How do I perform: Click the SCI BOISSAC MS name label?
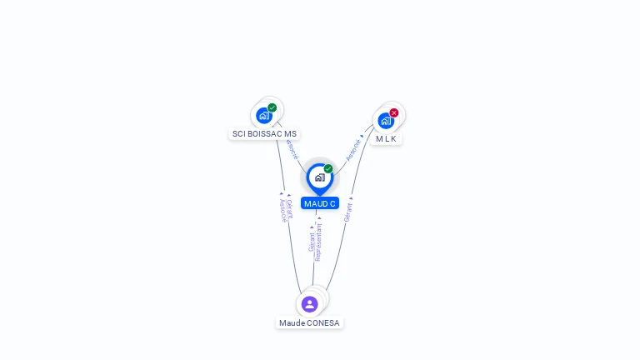coord(264,134)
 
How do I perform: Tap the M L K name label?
coord(386,139)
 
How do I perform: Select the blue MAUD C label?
coord(320,203)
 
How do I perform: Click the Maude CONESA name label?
coord(309,323)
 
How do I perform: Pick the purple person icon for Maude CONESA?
coord(310,304)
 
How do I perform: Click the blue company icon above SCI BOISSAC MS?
coord(264,116)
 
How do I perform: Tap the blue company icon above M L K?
coord(386,121)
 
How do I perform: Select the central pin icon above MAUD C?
coord(319,177)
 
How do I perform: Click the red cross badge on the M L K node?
coord(394,112)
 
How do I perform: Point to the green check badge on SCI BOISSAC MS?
coord(272,107)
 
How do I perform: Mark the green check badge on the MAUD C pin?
coord(328,169)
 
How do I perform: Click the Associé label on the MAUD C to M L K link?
coord(354,148)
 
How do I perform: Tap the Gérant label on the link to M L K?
coord(348,211)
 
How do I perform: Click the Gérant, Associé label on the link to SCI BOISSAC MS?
coord(285,209)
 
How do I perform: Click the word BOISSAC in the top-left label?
coord(265,134)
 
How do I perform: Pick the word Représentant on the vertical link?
coord(319,242)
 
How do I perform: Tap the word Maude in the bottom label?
coord(292,323)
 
